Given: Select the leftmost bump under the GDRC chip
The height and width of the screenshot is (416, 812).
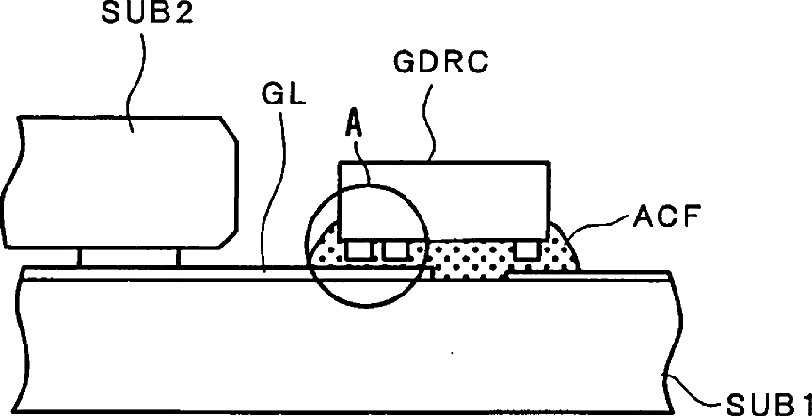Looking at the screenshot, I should [357, 250].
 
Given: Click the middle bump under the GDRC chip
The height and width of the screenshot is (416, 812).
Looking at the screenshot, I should [392, 250].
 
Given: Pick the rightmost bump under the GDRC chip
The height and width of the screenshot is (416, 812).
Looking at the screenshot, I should [527, 249].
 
